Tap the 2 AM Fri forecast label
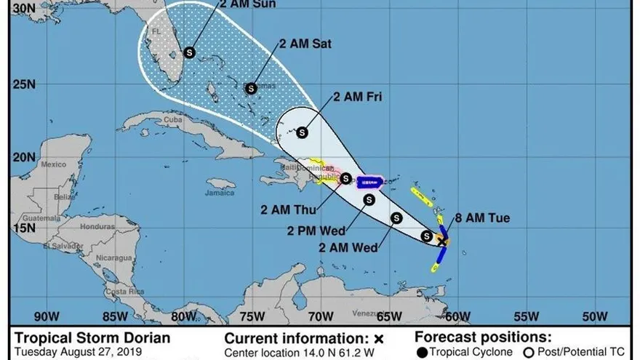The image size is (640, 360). point(358,97)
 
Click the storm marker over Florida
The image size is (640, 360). point(190,52)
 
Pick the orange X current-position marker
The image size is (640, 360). point(442,240)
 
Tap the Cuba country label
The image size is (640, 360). point(172,119)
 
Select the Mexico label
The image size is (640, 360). point(53,164)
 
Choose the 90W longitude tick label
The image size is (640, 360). point(45,316)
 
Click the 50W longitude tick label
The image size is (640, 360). point(595,316)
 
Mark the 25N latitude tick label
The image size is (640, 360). point(25,85)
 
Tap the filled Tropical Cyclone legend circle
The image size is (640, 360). point(422,353)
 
